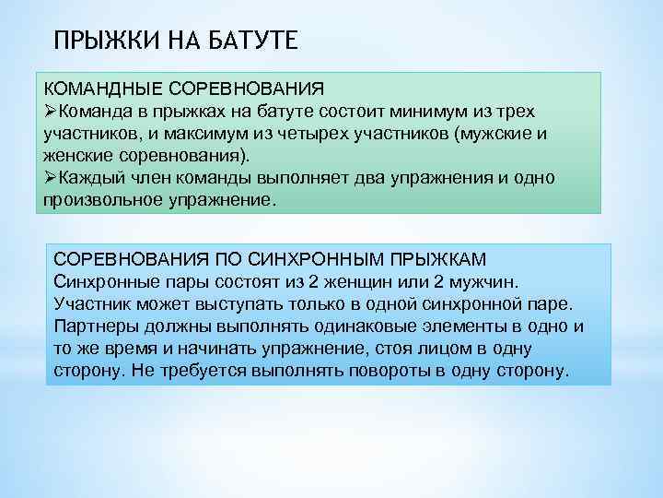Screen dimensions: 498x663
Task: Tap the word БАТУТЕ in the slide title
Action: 248,41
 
